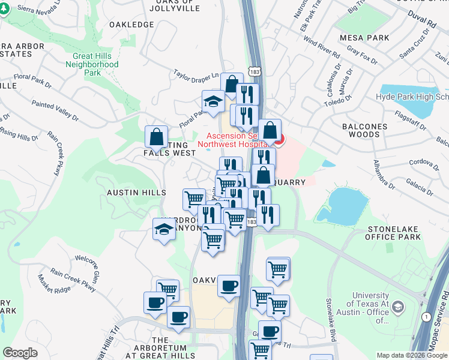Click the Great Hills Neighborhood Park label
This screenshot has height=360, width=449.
point(92,64)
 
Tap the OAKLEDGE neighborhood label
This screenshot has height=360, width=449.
point(131,25)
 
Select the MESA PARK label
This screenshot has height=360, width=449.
point(364,38)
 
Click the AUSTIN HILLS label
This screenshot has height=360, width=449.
point(136,193)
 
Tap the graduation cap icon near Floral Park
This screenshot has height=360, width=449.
point(213,100)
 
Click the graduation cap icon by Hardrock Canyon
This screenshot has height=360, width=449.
point(164,229)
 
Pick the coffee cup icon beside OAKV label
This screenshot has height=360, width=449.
point(229,286)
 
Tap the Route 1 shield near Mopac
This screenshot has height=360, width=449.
point(426,316)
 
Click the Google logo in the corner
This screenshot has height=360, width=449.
point(20,353)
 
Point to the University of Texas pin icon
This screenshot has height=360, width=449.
point(397,308)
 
